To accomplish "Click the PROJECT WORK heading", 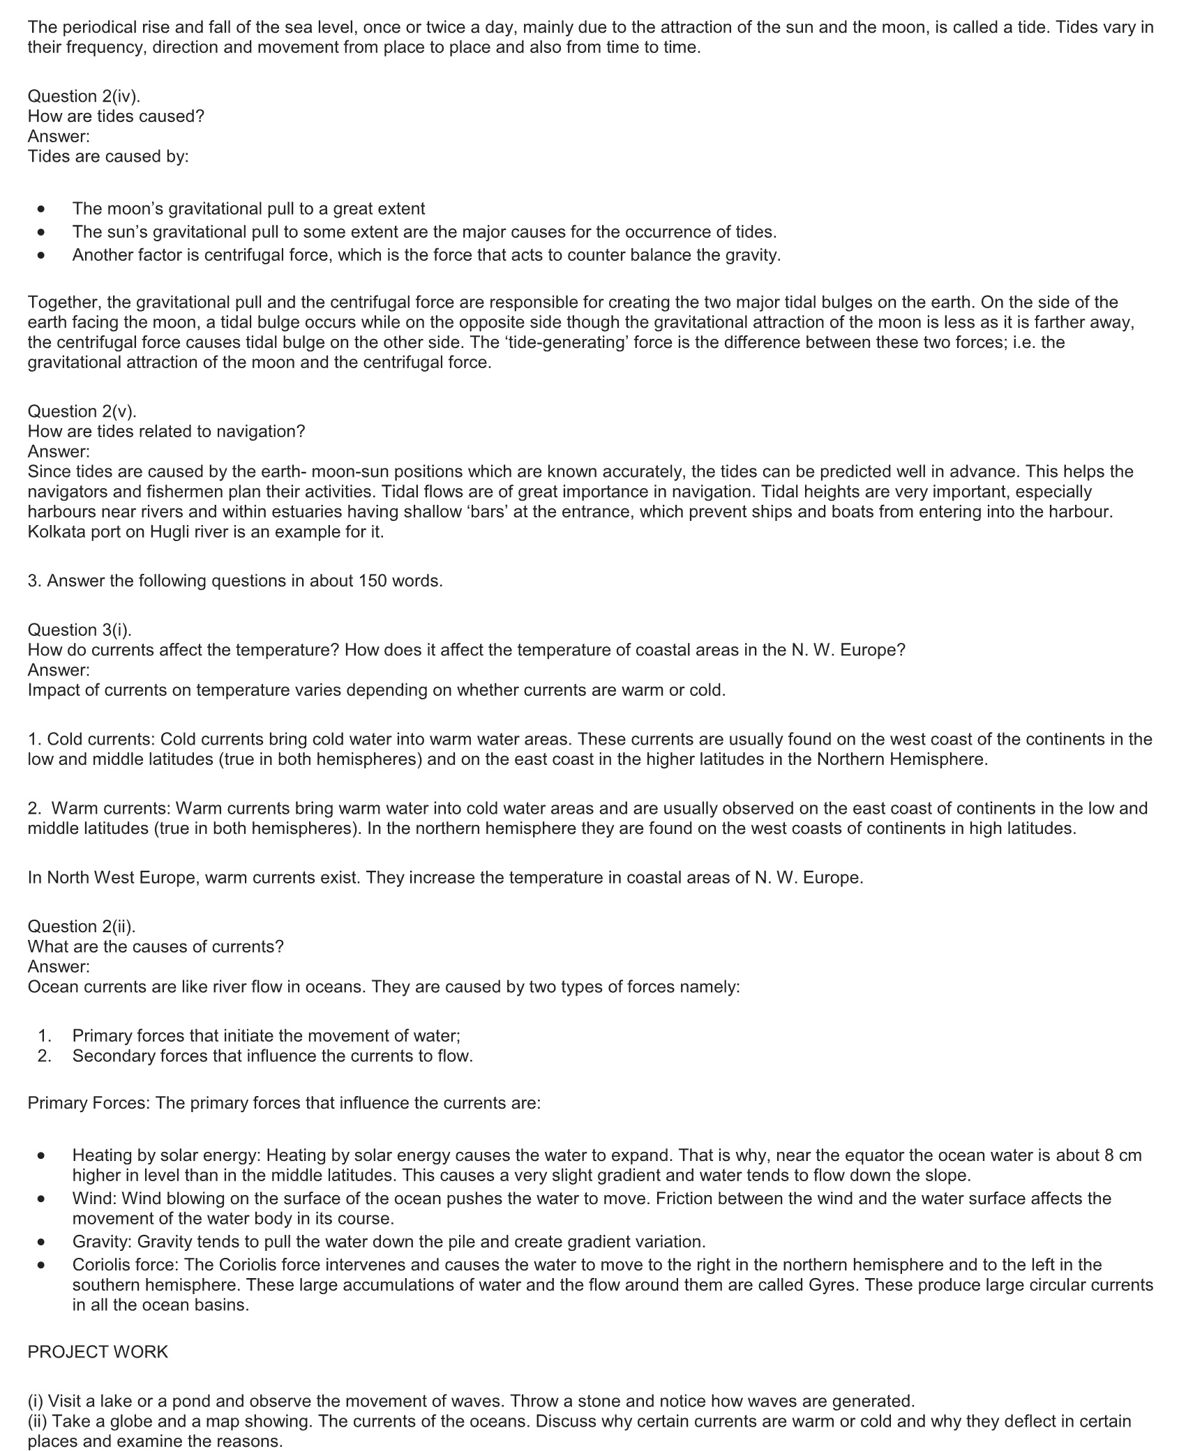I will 98,1352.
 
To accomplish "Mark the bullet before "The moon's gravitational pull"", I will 43,209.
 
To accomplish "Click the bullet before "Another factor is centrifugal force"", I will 43,255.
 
